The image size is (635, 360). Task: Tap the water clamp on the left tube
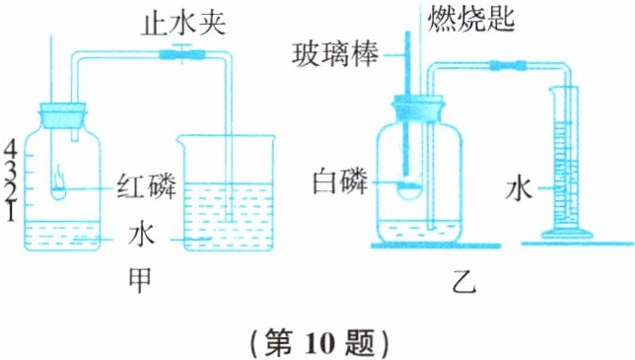[x=181, y=53]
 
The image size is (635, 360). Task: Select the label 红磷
[x=147, y=187]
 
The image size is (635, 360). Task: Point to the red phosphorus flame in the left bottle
[x=59, y=179]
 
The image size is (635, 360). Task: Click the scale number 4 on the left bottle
[x=11, y=151]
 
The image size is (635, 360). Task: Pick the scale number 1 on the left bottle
[x=11, y=212]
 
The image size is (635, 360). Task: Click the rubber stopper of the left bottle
[x=63, y=115]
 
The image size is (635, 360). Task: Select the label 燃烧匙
[x=470, y=17]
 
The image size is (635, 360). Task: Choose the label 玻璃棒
[x=335, y=55]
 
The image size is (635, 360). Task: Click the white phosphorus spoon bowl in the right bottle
[x=409, y=189]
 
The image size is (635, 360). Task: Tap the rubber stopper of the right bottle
[x=417, y=108]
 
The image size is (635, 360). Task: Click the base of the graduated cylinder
[x=567, y=234]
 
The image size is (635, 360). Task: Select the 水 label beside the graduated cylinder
[x=519, y=188]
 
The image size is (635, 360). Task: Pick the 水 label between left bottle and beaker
[x=141, y=235]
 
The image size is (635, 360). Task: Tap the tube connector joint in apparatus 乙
[x=508, y=65]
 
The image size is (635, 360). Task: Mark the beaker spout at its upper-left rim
[x=178, y=139]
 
